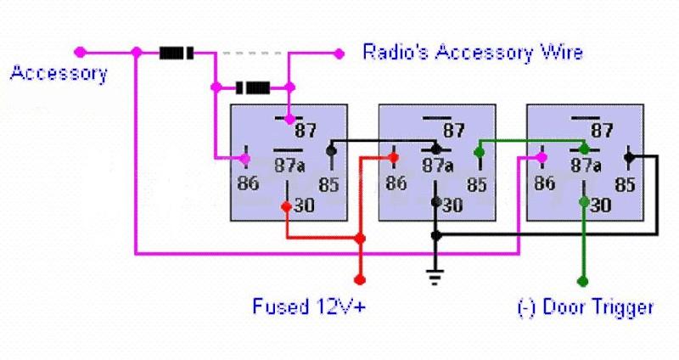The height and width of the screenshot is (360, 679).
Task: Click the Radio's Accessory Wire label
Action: (x=473, y=53)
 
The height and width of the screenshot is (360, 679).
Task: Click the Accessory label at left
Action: (x=59, y=73)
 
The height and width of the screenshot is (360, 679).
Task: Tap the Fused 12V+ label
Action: (x=309, y=306)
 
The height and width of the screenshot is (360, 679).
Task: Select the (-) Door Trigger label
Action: (x=586, y=307)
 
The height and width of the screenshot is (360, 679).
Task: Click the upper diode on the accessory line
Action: (x=177, y=53)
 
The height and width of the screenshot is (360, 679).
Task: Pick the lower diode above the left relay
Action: (x=252, y=87)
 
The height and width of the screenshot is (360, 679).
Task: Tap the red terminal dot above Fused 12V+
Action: (x=360, y=278)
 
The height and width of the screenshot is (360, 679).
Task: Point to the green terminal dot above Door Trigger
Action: (x=583, y=279)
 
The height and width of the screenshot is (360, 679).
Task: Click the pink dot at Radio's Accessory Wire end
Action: (x=339, y=53)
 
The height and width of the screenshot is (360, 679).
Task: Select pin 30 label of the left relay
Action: (x=305, y=205)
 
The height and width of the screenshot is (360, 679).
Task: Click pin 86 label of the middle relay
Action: (x=396, y=182)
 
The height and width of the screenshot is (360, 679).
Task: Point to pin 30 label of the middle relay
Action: (x=453, y=205)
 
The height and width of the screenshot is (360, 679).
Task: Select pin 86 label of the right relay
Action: (x=544, y=182)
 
